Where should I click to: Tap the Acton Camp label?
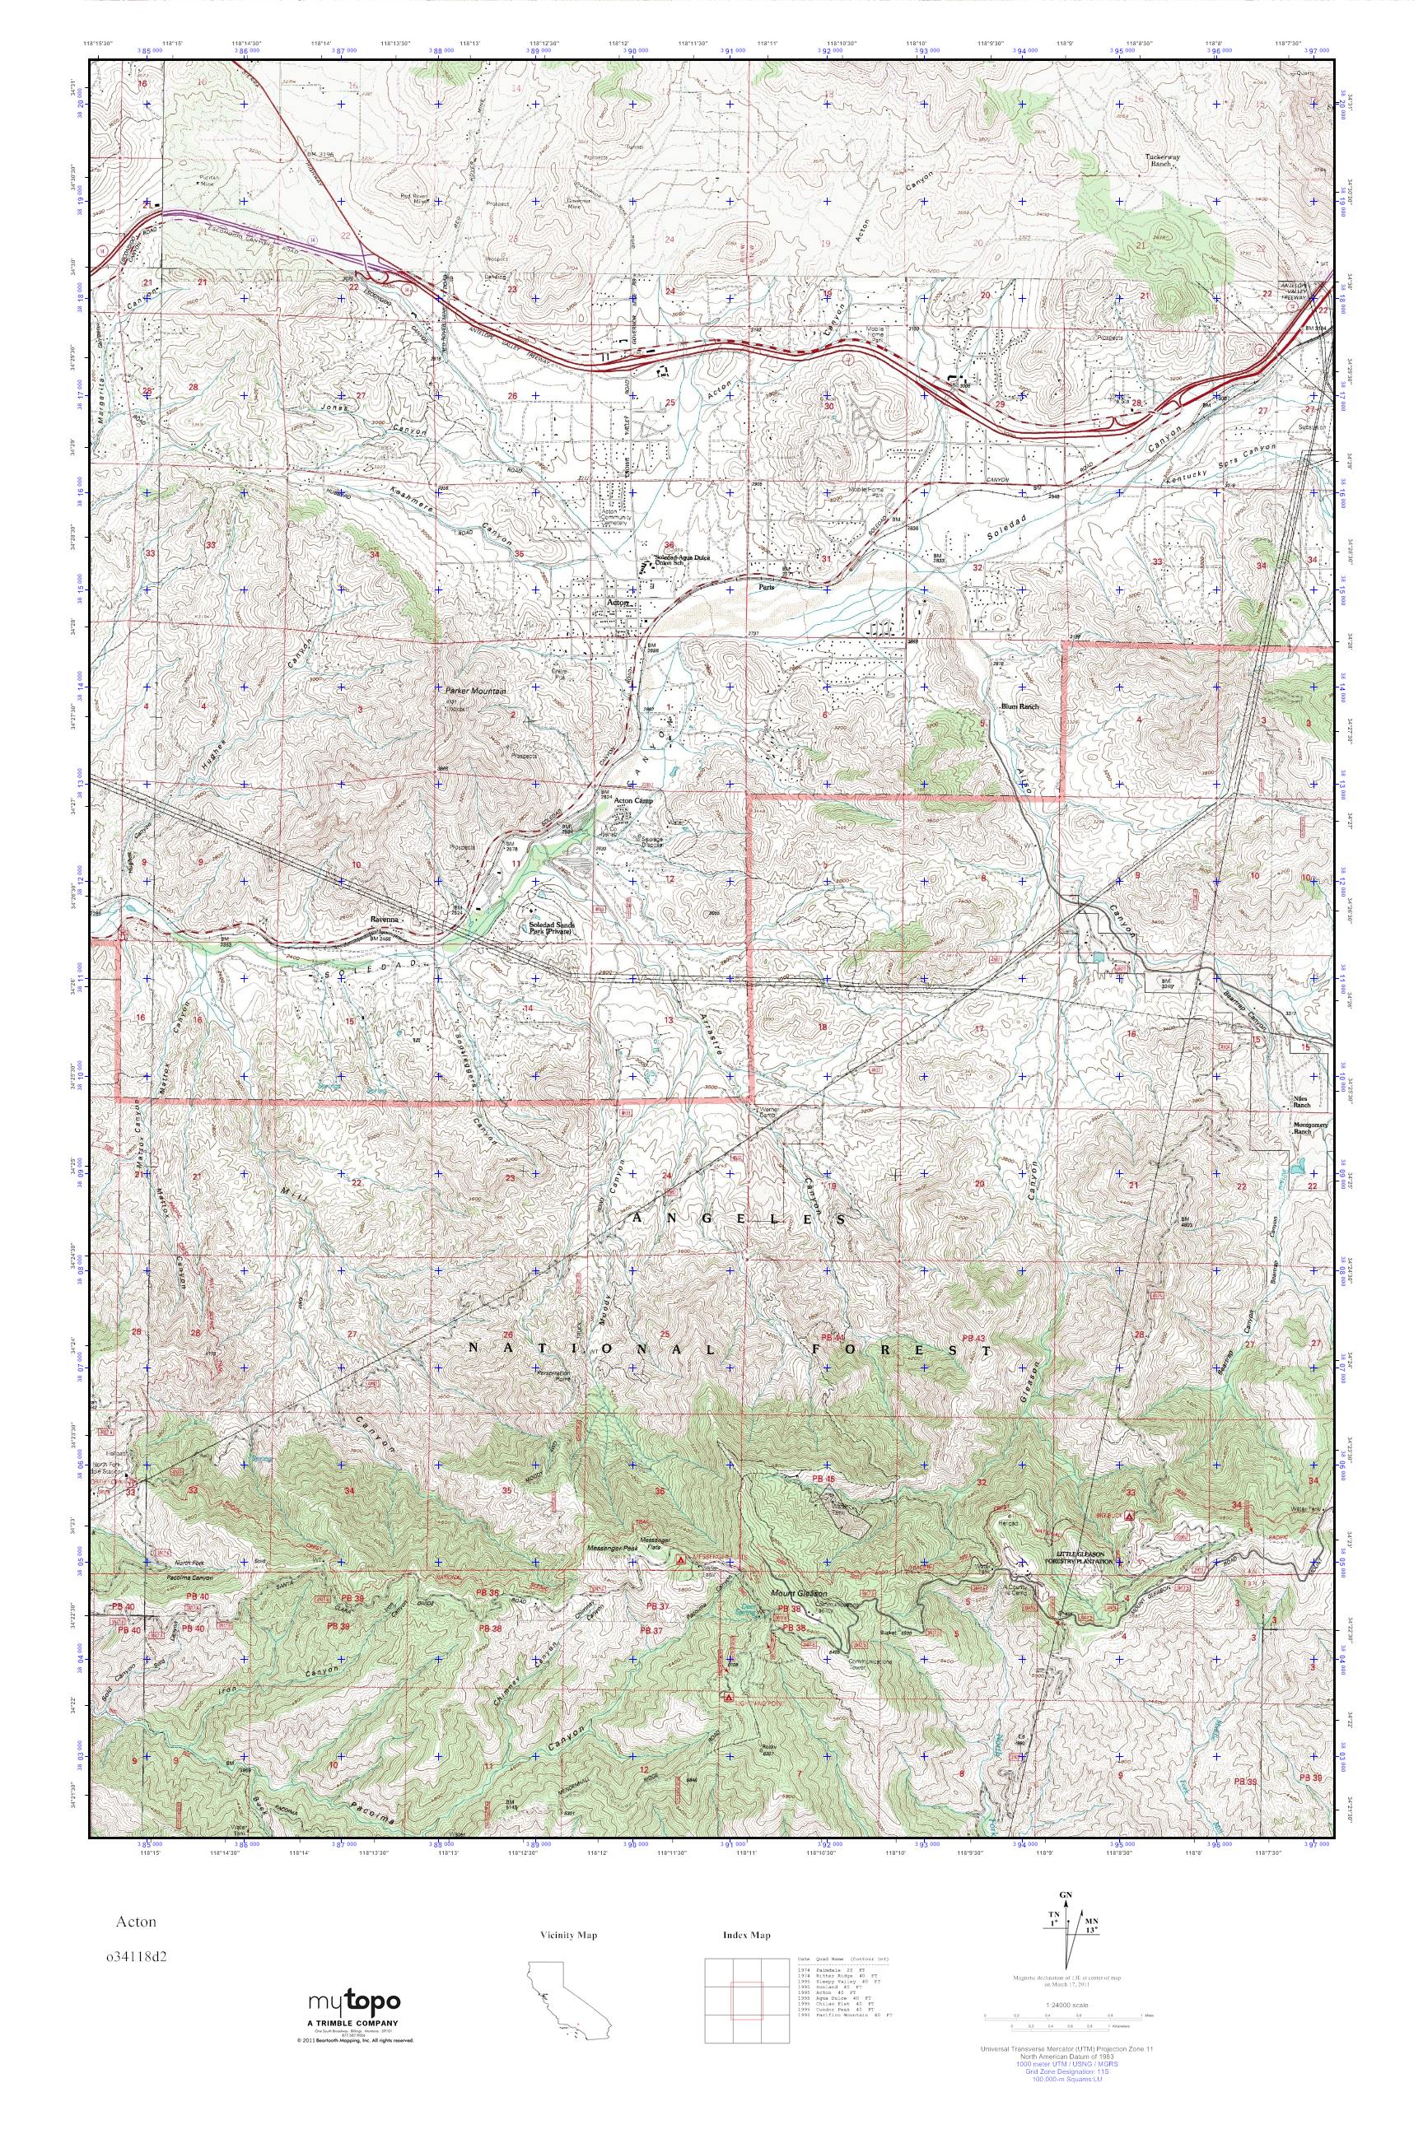(x=634, y=801)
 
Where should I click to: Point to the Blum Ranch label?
(x=1018, y=705)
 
